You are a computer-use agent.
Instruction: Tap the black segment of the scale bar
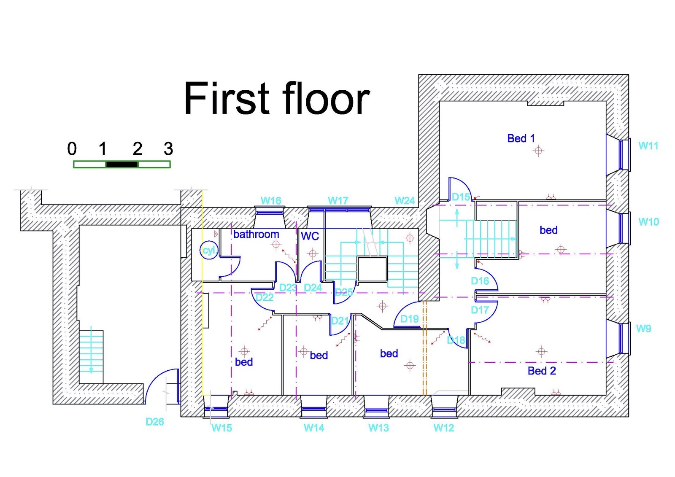121,164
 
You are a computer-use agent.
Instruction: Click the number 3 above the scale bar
168,149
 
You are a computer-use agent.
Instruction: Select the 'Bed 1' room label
521,138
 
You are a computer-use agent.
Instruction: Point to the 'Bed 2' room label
541,371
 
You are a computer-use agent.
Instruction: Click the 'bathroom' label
256,234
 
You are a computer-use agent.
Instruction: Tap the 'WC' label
310,236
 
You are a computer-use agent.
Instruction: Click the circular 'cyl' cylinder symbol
209,251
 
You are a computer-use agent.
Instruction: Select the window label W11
648,146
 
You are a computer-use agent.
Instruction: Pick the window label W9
643,329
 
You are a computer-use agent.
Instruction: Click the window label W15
221,428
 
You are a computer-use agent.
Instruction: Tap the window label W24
404,201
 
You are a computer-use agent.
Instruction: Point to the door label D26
154,422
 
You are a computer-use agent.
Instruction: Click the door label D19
409,319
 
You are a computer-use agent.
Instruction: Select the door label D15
461,197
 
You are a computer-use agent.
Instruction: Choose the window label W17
338,201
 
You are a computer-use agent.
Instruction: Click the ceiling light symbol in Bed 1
538,151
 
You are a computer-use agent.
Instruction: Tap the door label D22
265,297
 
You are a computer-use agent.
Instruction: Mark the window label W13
378,428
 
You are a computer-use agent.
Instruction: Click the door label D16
480,281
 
